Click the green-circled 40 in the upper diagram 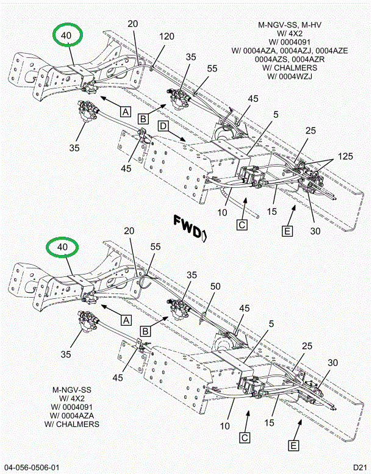click(x=66, y=36)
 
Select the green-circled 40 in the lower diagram click(x=63, y=248)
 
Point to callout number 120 click(x=167, y=37)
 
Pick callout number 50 click(x=215, y=287)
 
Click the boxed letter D click(x=163, y=126)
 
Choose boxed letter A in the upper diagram click(x=125, y=112)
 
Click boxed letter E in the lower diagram click(x=294, y=446)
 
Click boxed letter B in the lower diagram click(x=146, y=331)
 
